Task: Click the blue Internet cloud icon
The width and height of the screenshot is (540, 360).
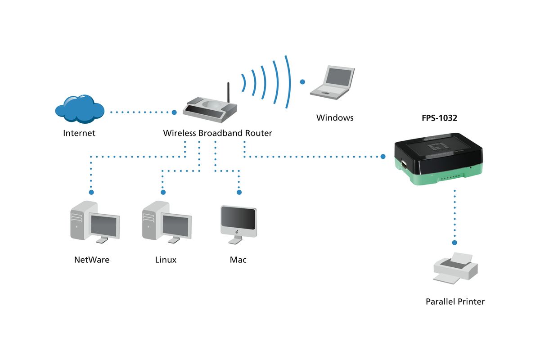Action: coord(80,109)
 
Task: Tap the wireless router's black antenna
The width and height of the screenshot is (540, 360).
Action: coord(228,93)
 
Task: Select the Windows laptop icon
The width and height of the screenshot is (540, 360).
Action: coord(332,82)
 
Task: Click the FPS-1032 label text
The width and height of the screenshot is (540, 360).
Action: coord(439,118)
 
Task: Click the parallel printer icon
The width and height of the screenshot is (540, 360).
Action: coord(455,268)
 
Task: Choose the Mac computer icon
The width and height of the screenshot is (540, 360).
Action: coord(238,225)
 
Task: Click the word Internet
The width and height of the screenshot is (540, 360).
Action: coord(79,133)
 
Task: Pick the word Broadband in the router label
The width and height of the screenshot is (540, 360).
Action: coord(220,133)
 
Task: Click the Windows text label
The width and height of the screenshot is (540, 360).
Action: coord(335,117)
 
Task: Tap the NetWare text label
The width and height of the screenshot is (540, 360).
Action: coord(92,260)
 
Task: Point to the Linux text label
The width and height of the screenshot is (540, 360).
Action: coord(166,260)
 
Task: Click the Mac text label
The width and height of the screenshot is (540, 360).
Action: coord(238,260)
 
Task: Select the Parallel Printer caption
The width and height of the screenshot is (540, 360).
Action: coord(455,301)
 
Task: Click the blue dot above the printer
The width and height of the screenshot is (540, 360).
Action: coord(454,243)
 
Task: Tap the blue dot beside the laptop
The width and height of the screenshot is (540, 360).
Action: coord(302,82)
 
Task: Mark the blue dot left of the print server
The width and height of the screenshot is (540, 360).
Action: coord(383,157)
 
